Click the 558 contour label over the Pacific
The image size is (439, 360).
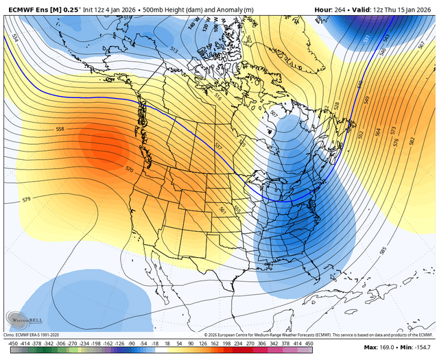(60, 129)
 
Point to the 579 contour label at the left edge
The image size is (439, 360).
(26, 200)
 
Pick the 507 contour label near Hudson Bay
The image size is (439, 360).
(274, 114)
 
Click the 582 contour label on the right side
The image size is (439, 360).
(412, 141)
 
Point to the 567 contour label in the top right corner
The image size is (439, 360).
(420, 45)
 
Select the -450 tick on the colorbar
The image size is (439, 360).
(11, 342)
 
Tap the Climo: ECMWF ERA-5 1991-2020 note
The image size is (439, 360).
(34, 334)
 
